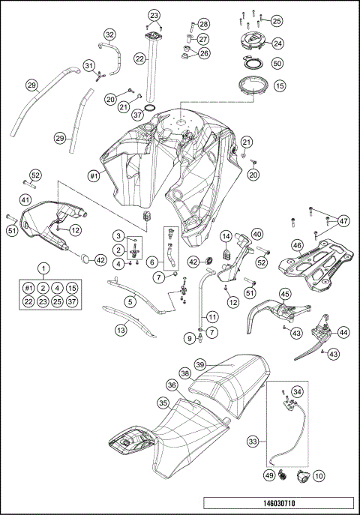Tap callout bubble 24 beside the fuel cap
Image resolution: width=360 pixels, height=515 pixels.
click(277, 43)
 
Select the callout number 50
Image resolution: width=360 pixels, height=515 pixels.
click(277, 64)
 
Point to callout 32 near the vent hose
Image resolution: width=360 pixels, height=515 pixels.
click(110, 34)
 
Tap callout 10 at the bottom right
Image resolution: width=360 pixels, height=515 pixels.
click(319, 475)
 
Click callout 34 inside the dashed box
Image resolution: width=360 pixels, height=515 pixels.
click(298, 391)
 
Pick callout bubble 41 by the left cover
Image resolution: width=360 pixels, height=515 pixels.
click(25, 200)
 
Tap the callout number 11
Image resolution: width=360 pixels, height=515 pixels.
click(213, 316)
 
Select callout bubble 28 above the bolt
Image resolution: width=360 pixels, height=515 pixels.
click(204, 25)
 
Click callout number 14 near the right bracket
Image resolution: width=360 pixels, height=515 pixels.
click(224, 237)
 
